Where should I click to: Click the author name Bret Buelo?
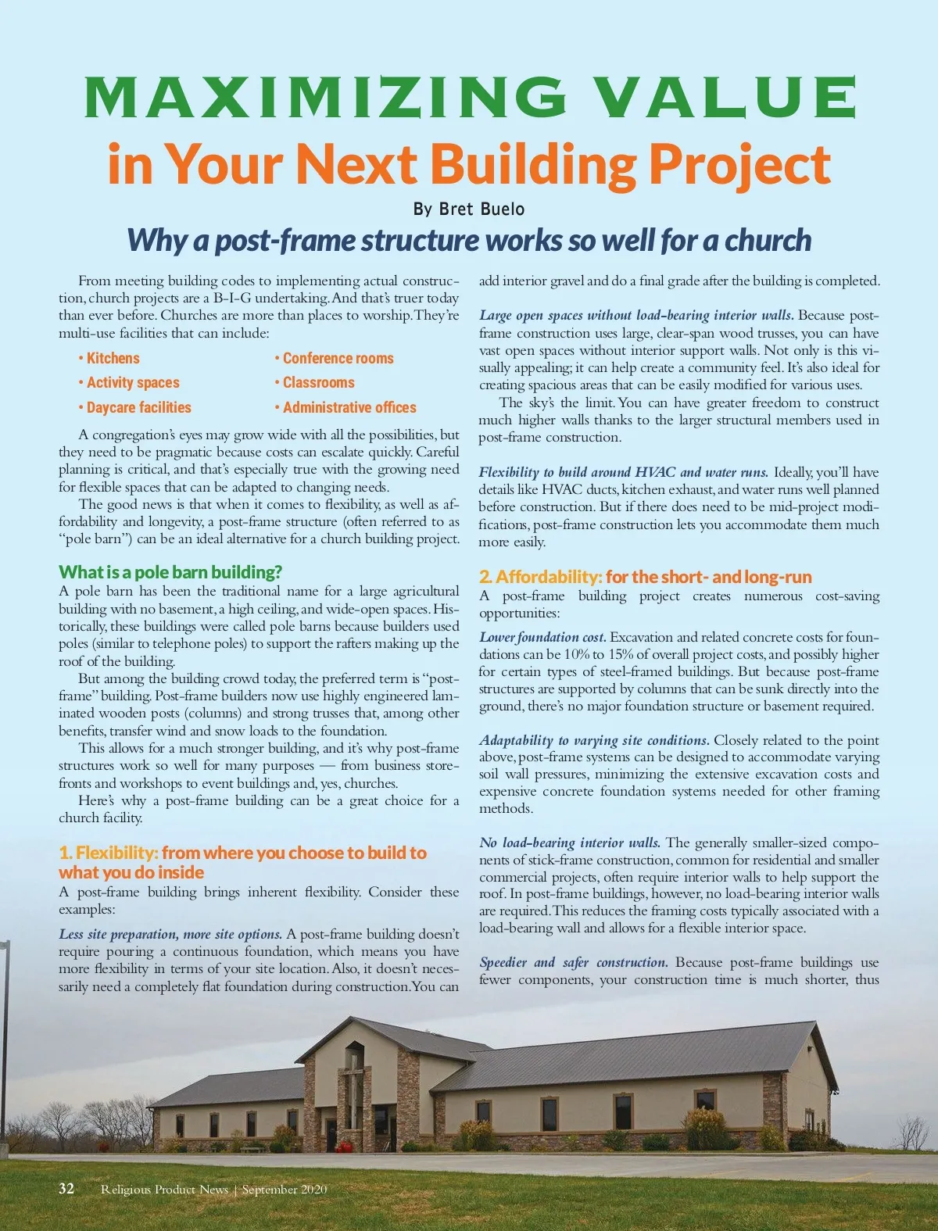point(482,209)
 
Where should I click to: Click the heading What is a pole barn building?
point(170,572)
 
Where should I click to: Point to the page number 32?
point(66,1189)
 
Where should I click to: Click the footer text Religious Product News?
point(164,1190)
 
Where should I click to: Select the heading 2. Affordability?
point(540,578)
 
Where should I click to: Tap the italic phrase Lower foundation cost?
point(542,638)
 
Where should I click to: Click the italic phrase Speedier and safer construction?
point(573,963)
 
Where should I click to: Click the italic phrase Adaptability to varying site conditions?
point(594,740)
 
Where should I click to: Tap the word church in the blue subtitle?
point(768,241)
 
